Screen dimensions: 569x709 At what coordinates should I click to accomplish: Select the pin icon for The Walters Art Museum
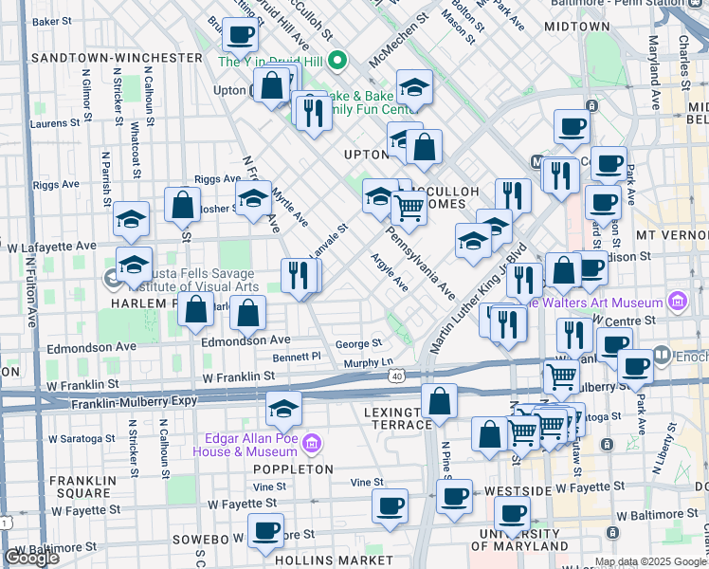click(678, 303)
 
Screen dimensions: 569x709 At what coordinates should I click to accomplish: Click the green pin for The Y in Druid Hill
click(337, 63)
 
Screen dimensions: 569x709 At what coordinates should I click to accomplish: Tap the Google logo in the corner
click(31, 558)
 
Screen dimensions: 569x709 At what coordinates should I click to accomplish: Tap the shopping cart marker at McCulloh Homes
click(409, 207)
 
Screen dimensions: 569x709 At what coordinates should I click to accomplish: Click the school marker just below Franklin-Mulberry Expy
click(283, 409)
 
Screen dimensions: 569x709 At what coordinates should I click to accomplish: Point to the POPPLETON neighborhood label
click(292, 469)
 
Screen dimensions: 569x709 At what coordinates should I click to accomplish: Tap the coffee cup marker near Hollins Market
click(265, 531)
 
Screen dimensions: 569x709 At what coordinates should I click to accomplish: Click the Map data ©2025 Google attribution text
click(649, 561)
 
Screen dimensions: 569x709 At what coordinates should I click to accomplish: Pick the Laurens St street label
click(54, 123)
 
